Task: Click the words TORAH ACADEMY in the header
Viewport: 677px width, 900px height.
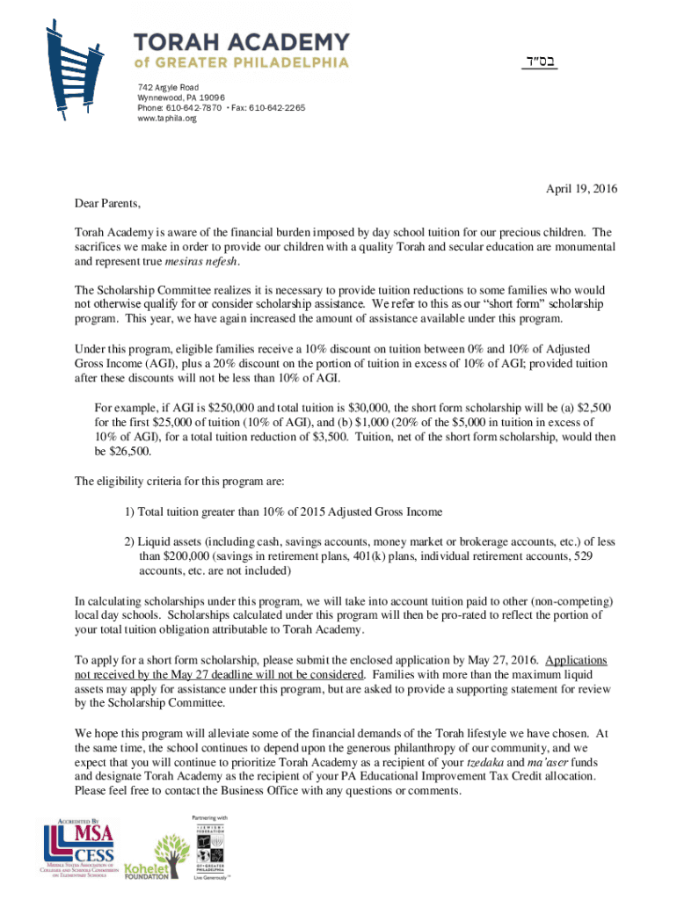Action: (x=241, y=41)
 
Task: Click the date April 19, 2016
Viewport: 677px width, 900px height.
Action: (x=581, y=188)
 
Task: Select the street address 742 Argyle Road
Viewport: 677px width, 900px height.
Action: (x=168, y=87)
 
